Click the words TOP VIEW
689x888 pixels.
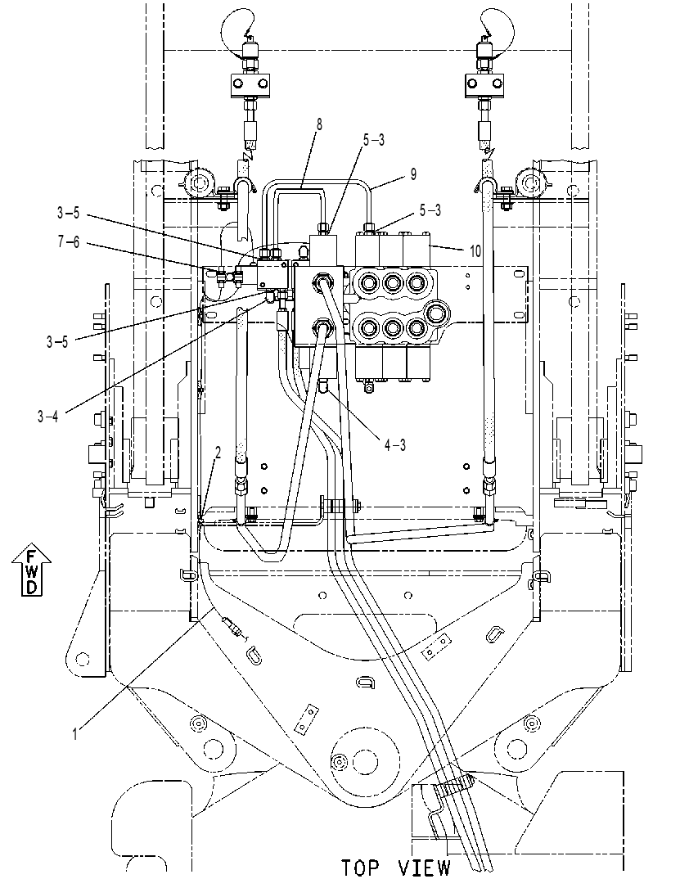click(x=396, y=868)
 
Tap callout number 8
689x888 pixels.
click(x=319, y=125)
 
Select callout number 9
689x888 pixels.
click(x=413, y=174)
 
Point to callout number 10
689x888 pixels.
click(x=474, y=250)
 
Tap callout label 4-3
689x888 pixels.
click(x=395, y=445)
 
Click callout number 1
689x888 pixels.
click(x=74, y=734)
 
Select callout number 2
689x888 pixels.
click(x=218, y=452)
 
